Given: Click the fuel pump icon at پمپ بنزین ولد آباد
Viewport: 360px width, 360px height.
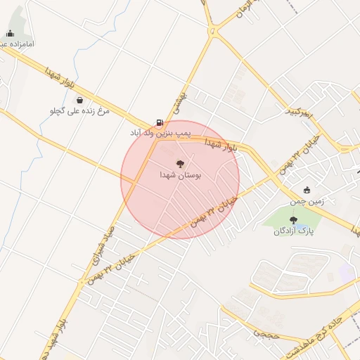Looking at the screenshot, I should click(160, 122).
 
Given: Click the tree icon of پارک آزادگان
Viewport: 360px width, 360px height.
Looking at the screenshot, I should click(293, 219).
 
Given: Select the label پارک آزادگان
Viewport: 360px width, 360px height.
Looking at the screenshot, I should click(294, 231).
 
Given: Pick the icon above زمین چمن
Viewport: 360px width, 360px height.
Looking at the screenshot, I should click(307, 190).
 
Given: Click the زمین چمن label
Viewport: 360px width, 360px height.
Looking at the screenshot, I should click(307, 201).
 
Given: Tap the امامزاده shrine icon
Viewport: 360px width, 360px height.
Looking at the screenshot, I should click(10, 34).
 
